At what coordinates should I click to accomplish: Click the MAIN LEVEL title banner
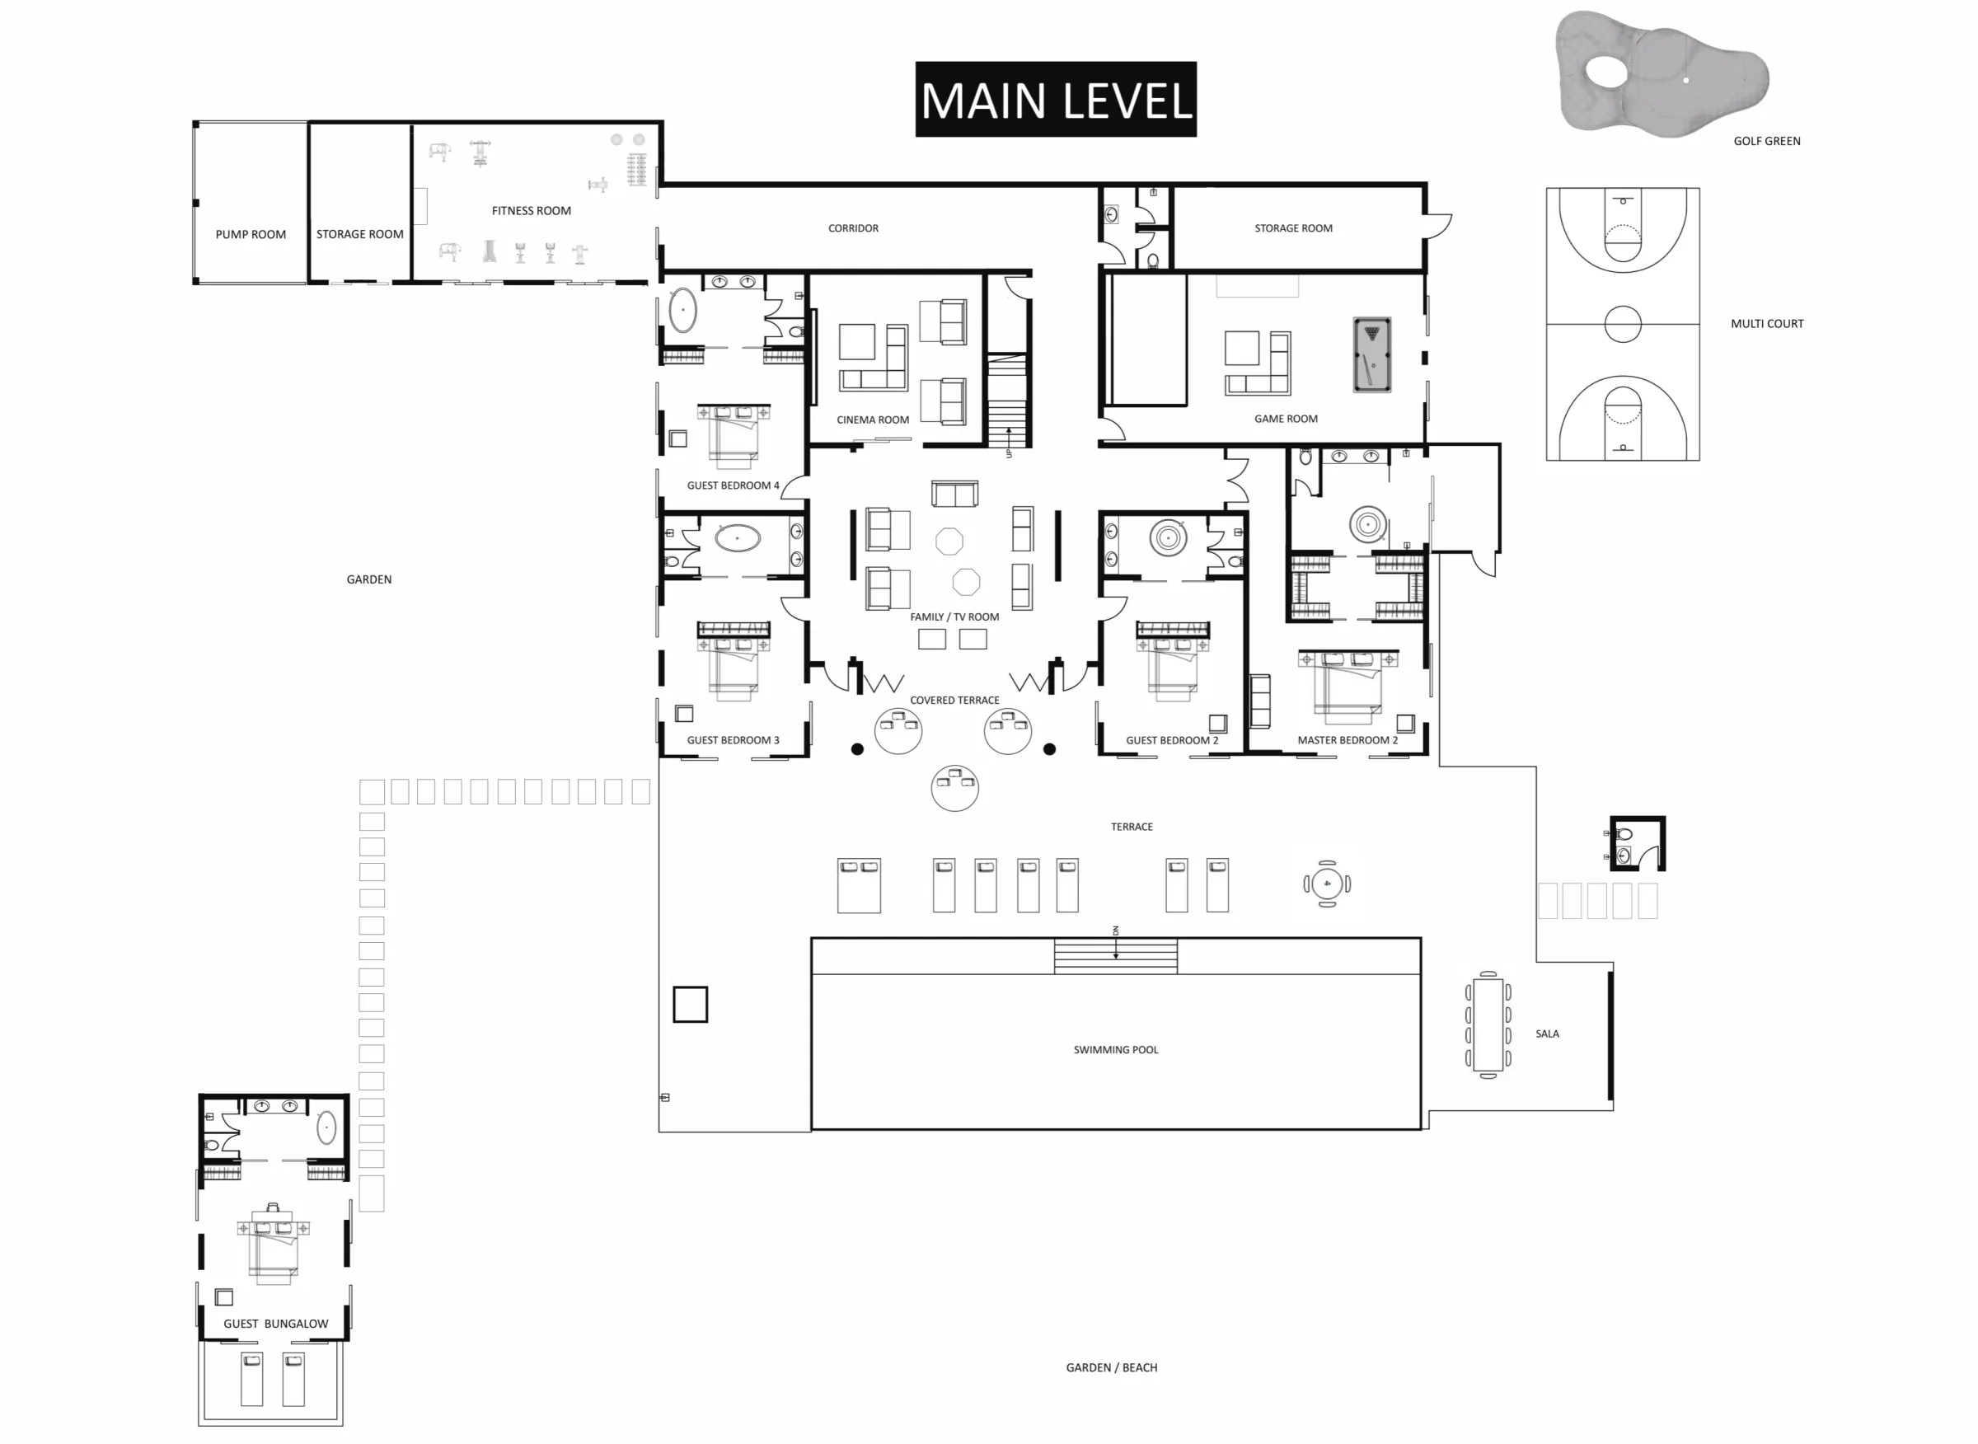point(1055,99)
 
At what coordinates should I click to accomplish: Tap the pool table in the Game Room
point(1371,354)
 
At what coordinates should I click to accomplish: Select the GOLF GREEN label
point(1766,141)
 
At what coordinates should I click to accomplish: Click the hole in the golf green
point(1686,81)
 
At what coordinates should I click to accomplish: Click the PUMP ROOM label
point(251,234)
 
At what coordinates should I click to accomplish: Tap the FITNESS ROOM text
point(532,211)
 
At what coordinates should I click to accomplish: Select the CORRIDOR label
point(853,228)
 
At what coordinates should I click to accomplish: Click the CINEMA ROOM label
point(872,420)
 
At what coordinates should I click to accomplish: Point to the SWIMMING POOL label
point(1115,1050)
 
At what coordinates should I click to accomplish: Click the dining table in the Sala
point(1488,1024)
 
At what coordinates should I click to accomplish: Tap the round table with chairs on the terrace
point(1327,884)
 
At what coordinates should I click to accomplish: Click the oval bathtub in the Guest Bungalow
point(326,1128)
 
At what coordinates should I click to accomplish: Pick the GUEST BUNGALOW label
point(275,1324)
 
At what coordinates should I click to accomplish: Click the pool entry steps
point(1115,955)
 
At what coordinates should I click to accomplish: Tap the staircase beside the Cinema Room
point(1008,401)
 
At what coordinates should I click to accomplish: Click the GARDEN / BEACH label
point(1111,1367)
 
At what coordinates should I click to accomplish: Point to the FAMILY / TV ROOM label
point(954,617)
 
